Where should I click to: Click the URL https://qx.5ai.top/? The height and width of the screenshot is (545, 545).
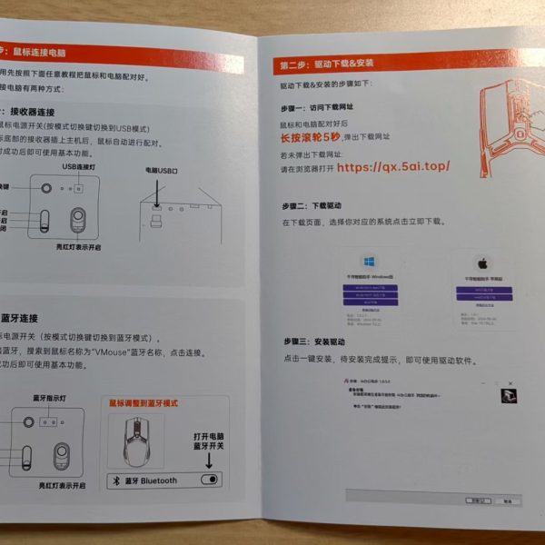[392, 168]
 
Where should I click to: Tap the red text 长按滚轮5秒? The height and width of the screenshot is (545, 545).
[308, 138]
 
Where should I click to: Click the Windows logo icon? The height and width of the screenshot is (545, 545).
[369, 260]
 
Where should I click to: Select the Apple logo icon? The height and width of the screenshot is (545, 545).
[483, 263]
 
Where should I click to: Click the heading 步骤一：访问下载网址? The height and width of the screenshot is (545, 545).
[316, 105]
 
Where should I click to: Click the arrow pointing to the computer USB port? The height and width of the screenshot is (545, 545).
[156, 192]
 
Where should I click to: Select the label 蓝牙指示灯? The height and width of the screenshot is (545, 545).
[50, 398]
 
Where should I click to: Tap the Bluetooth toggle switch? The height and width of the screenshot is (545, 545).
[211, 479]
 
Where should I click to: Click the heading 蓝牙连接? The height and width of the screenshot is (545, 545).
[19, 318]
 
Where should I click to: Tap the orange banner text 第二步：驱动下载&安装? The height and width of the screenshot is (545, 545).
[327, 64]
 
